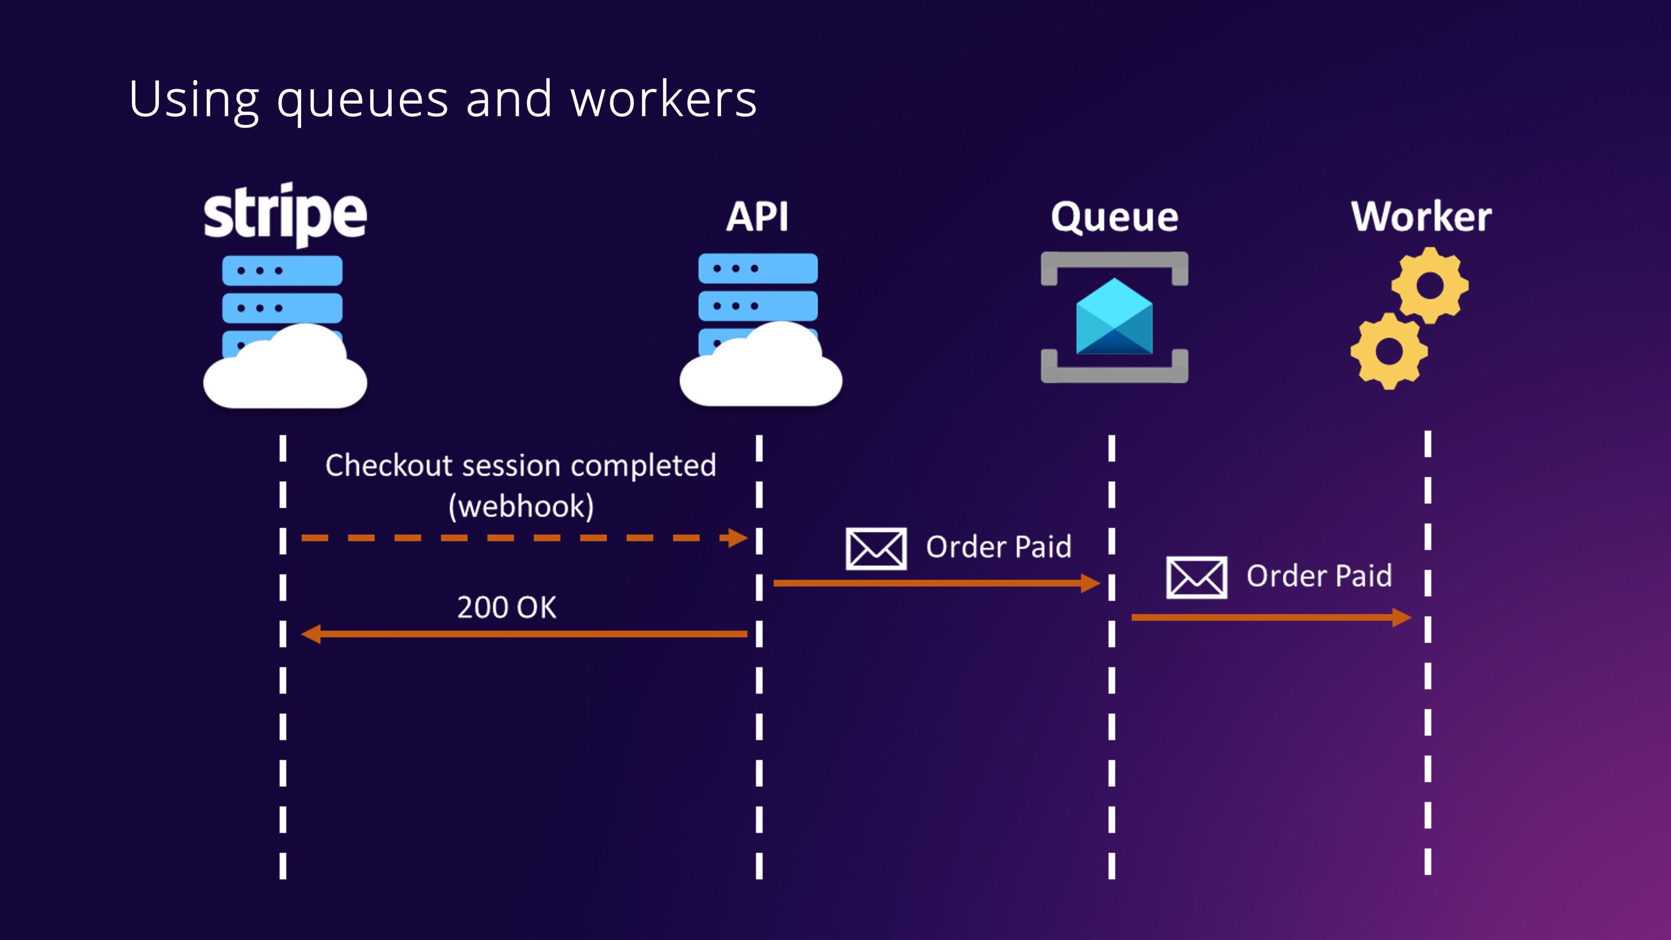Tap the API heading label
[757, 217]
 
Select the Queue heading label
[1114, 217]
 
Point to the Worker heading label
[1421, 217]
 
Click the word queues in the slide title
[362, 101]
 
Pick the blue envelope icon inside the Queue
[1114, 317]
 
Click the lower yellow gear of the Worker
[1389, 351]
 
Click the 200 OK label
[507, 607]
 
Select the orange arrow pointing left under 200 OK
[524, 634]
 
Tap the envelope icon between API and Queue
[876, 549]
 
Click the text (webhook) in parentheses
[521, 506]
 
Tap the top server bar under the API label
[758, 269]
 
